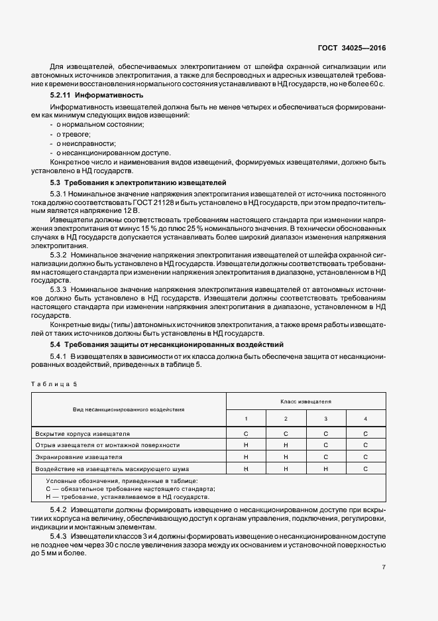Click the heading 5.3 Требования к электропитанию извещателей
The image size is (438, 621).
click(x=138, y=182)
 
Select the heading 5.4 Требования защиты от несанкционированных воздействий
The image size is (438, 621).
click(x=167, y=345)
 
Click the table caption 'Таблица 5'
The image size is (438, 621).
click(x=54, y=383)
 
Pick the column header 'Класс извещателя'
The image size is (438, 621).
click(x=306, y=401)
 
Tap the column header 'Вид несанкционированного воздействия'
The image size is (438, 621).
click(x=129, y=410)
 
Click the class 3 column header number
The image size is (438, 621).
click(x=326, y=419)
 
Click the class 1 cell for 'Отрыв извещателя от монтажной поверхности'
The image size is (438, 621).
click(x=246, y=445)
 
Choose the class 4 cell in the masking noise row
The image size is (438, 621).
click(x=366, y=469)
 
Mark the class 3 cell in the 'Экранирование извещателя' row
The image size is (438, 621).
click(x=326, y=457)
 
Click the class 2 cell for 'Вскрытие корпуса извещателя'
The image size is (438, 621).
click(x=286, y=433)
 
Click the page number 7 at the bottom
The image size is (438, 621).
click(x=384, y=567)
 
